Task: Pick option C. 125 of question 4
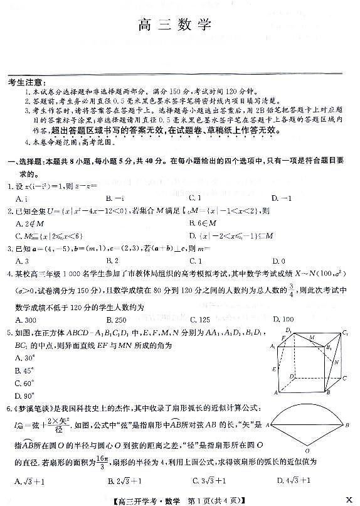click(x=200, y=319)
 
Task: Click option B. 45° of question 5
click(x=25, y=370)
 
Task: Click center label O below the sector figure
click(x=307, y=451)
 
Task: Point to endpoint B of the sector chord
click(x=349, y=425)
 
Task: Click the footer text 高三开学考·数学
click(x=137, y=498)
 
